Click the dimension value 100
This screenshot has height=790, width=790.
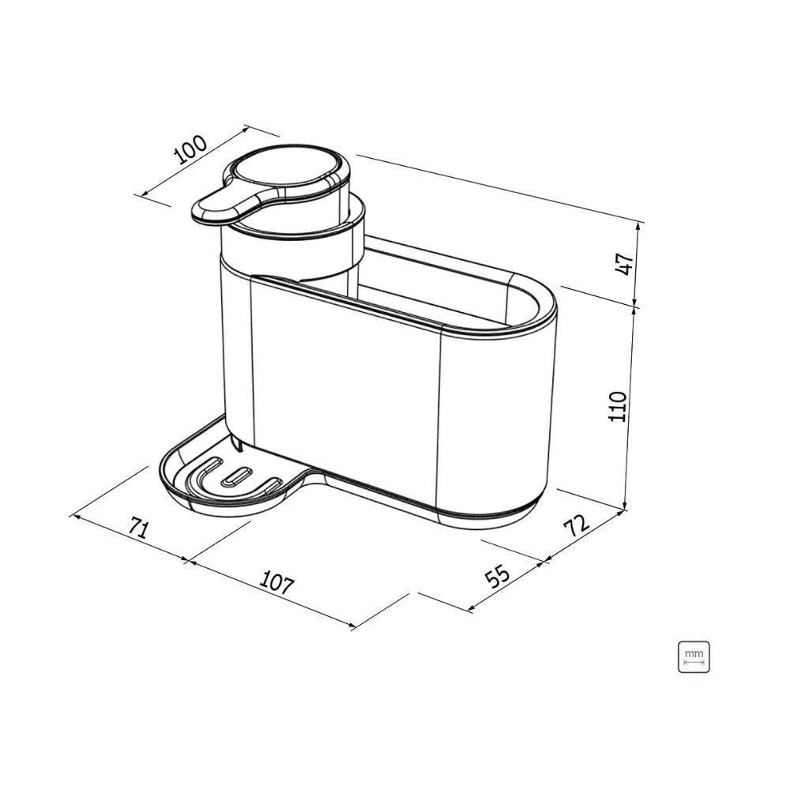click(x=190, y=149)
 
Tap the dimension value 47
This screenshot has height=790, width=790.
click(x=624, y=264)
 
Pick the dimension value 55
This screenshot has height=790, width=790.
click(x=498, y=576)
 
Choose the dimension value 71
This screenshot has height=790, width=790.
click(x=137, y=528)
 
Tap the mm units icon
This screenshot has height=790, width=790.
click(x=694, y=656)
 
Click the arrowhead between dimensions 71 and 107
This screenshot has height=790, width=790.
click(x=188, y=561)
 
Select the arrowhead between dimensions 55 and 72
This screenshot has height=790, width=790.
click(x=544, y=562)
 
